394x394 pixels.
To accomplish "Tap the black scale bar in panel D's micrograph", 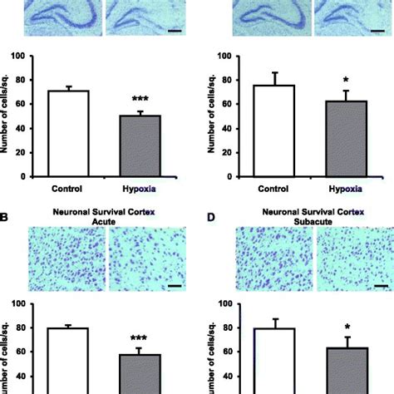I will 381,287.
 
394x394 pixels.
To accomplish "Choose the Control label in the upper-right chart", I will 274,188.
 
